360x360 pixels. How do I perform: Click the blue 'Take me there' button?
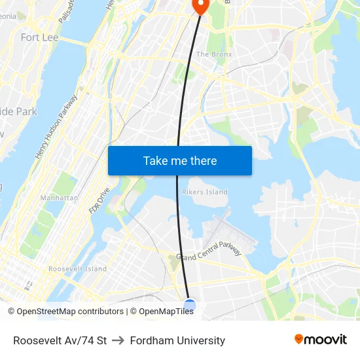(x=180, y=160)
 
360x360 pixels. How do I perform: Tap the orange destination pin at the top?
(x=199, y=6)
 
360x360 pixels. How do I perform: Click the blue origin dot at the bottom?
(x=190, y=305)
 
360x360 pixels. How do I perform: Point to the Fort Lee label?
(x=39, y=37)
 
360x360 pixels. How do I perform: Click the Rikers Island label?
(x=205, y=192)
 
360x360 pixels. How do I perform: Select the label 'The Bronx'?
(x=214, y=54)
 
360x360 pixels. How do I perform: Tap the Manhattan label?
(x=59, y=198)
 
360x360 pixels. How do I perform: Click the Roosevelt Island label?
(x=77, y=269)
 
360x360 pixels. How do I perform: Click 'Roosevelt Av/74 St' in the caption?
(x=60, y=340)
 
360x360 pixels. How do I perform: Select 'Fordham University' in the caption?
(x=177, y=340)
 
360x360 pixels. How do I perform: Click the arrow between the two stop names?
(x=118, y=340)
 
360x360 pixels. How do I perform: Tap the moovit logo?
(x=321, y=339)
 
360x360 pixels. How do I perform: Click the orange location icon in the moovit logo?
(x=299, y=339)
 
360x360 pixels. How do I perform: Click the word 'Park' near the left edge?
(x=27, y=111)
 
